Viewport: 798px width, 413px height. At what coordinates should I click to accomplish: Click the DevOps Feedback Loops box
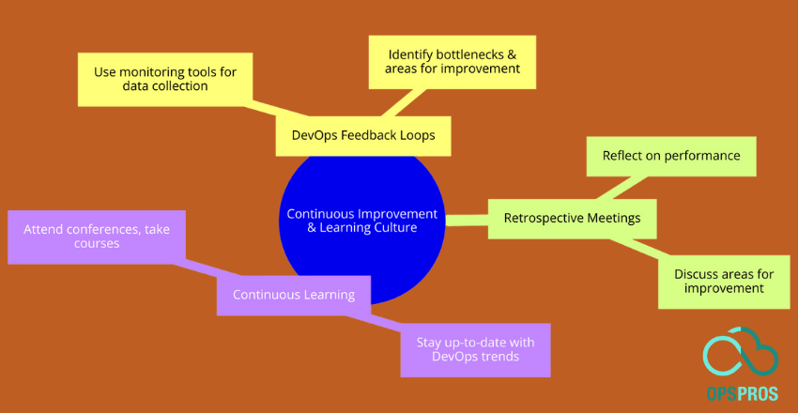[362, 135]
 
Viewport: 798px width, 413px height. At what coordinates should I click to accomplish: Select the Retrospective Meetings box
[572, 219]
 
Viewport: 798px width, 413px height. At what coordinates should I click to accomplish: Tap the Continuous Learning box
[293, 294]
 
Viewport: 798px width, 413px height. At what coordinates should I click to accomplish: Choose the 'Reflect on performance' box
[670, 156]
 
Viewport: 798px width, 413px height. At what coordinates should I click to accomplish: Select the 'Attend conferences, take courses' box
[97, 236]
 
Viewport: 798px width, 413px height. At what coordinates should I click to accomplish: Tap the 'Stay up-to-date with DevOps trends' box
[475, 350]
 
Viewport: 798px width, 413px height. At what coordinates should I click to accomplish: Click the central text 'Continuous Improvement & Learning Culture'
[361, 220]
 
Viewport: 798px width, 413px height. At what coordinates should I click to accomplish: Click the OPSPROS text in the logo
[741, 393]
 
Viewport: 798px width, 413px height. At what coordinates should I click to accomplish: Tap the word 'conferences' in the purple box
[112, 228]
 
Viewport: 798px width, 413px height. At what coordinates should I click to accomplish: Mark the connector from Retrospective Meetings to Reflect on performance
[632, 189]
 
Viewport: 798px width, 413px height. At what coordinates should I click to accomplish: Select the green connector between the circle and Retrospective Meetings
[466, 221]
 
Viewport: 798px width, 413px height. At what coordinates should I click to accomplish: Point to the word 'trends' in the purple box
[499, 359]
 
